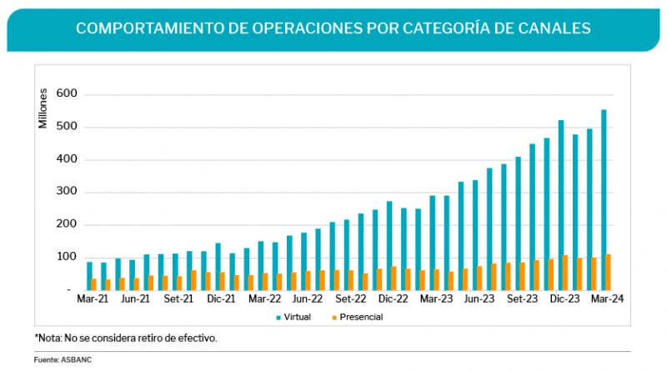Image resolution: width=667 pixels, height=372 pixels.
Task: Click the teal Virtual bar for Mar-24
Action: (604, 200)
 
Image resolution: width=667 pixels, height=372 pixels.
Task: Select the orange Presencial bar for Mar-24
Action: (608, 272)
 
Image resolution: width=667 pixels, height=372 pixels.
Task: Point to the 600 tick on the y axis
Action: (66, 95)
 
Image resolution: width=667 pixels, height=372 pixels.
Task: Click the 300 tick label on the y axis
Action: (66, 193)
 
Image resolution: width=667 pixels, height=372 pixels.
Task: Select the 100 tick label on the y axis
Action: (66, 258)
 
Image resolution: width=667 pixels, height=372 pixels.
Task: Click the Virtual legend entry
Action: (298, 318)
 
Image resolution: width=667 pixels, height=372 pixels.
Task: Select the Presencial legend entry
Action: (359, 318)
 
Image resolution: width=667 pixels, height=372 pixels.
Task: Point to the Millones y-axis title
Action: (43, 109)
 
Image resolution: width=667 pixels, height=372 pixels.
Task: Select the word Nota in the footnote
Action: (52, 339)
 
